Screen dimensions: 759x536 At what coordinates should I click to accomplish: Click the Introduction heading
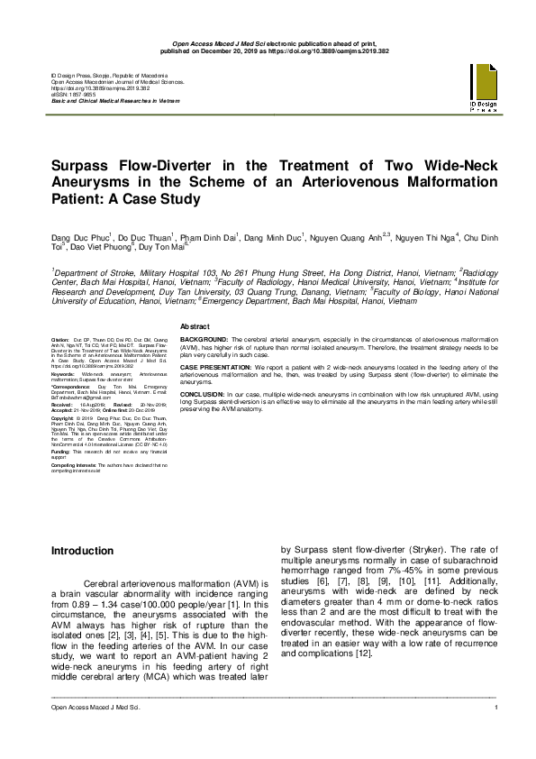82,550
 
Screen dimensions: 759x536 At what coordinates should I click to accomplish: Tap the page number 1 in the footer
496,710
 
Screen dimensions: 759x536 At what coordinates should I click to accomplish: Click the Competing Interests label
74,463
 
